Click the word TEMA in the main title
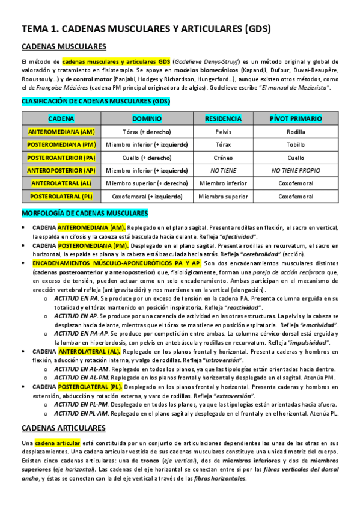pos(34,28)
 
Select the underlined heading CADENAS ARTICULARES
pos(64,411)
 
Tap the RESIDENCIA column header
pos(223,118)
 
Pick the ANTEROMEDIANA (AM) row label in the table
pos(61,131)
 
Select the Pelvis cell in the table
pos(223,131)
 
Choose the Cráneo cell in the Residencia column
pos(223,158)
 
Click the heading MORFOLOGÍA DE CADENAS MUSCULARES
pos(85,213)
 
